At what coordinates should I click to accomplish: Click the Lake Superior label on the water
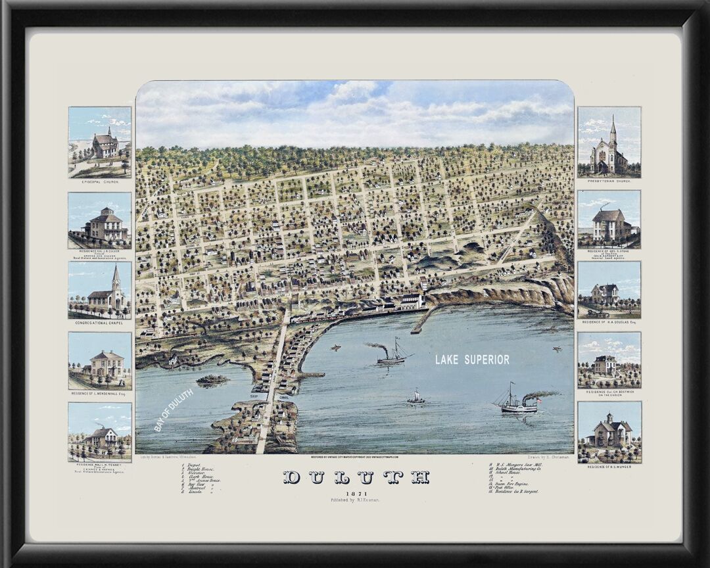472,360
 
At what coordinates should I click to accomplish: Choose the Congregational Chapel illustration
100,290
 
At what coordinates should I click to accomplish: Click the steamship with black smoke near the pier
392,355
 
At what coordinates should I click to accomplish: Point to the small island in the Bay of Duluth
212,380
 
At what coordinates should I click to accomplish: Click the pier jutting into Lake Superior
421,320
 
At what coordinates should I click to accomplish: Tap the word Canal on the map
284,396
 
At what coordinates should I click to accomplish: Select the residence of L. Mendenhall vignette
100,364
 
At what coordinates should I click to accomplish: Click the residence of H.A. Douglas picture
609,289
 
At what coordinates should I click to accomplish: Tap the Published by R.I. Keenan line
356,501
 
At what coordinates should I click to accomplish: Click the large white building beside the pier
412,302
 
